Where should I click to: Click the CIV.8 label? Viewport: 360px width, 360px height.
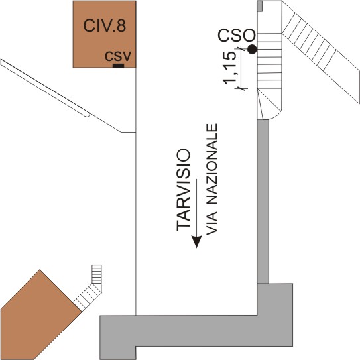[x=104, y=25]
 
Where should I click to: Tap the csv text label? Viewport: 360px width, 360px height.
[x=118, y=56]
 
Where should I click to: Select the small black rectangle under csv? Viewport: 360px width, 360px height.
[x=118, y=66]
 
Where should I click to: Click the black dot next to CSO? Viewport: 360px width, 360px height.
[x=252, y=49]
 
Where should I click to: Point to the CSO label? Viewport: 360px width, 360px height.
[x=237, y=35]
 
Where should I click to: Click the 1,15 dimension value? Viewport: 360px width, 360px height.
[x=229, y=68]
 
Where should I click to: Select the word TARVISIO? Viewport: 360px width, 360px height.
[x=183, y=190]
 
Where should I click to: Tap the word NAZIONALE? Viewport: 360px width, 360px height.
[x=211, y=164]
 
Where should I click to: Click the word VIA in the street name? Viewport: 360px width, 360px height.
[x=211, y=223]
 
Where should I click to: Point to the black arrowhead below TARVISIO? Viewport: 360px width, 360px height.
[x=196, y=242]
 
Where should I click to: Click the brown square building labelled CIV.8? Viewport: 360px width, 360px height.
[x=105, y=34]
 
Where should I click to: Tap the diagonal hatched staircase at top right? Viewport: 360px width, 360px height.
[x=321, y=52]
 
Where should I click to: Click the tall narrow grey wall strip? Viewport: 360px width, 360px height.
[x=263, y=202]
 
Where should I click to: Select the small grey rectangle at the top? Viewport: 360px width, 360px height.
[x=260, y=6]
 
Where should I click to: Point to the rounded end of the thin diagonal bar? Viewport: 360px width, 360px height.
[x=88, y=115]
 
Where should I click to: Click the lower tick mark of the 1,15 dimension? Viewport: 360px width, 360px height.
[x=241, y=88]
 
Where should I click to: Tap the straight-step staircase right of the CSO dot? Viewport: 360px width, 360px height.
[x=269, y=61]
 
